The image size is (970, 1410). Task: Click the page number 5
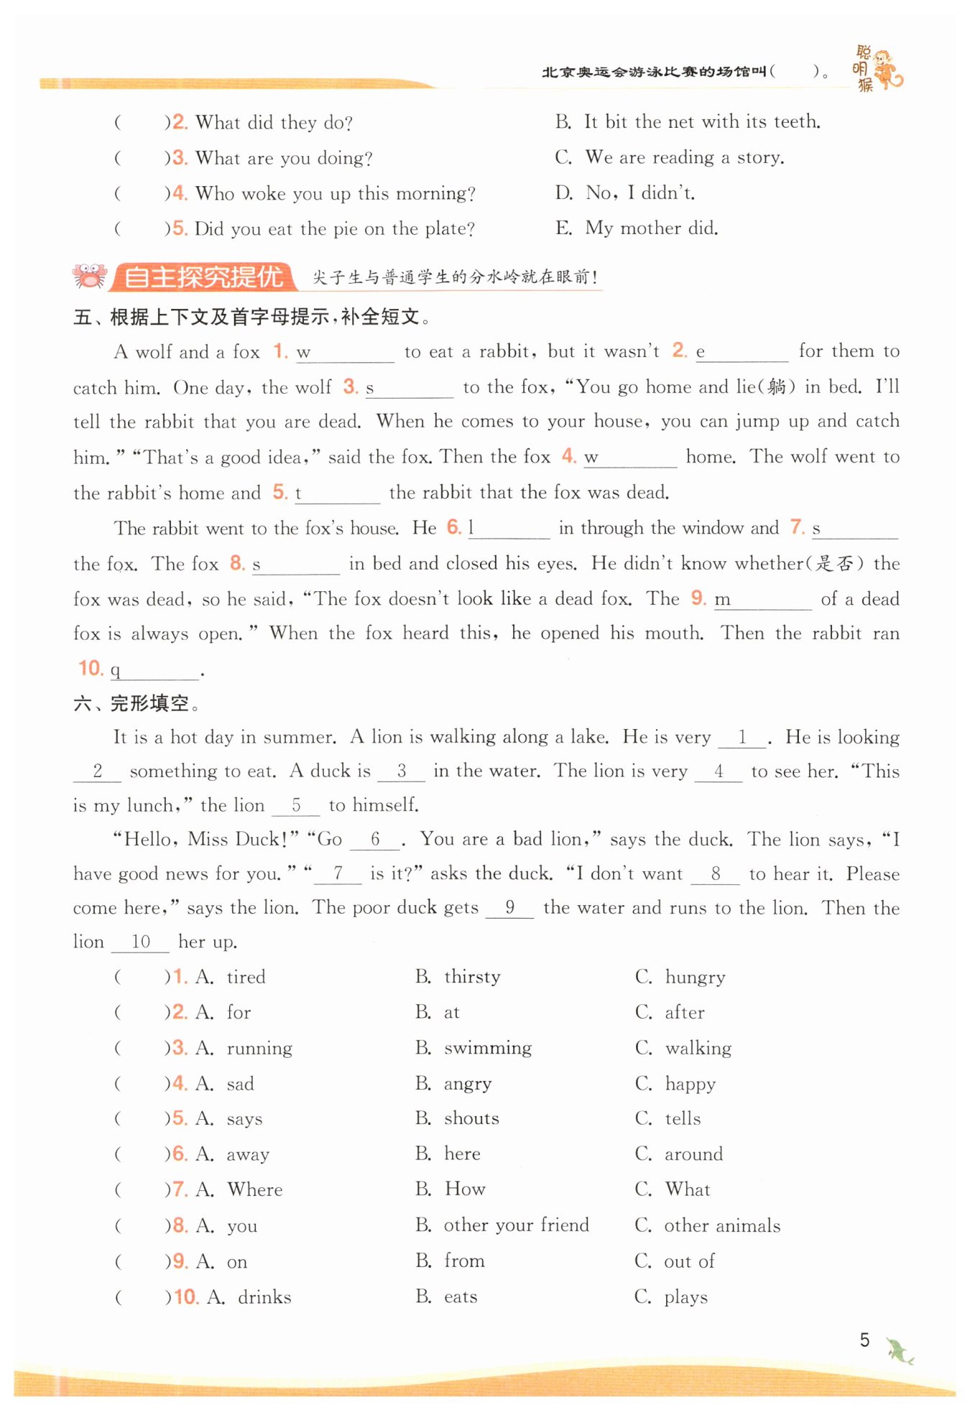864,1340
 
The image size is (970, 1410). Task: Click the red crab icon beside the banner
89,277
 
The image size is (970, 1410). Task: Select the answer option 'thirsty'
472,977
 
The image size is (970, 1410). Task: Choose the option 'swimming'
488,1048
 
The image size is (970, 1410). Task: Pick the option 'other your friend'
516,1225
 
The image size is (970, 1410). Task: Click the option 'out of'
689,1261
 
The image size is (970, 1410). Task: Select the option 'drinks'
264,1297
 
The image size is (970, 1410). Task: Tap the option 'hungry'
695,977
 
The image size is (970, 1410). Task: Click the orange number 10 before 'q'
91,669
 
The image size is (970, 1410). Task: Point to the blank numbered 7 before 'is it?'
338,874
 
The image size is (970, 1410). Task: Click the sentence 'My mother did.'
651,228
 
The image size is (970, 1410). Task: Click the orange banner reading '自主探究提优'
203,277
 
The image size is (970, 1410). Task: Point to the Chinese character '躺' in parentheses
776,387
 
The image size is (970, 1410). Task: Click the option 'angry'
468,1083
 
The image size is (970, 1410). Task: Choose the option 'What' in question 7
688,1189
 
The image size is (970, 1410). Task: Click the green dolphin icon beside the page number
900,1351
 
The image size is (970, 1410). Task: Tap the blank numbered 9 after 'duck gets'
509,908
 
